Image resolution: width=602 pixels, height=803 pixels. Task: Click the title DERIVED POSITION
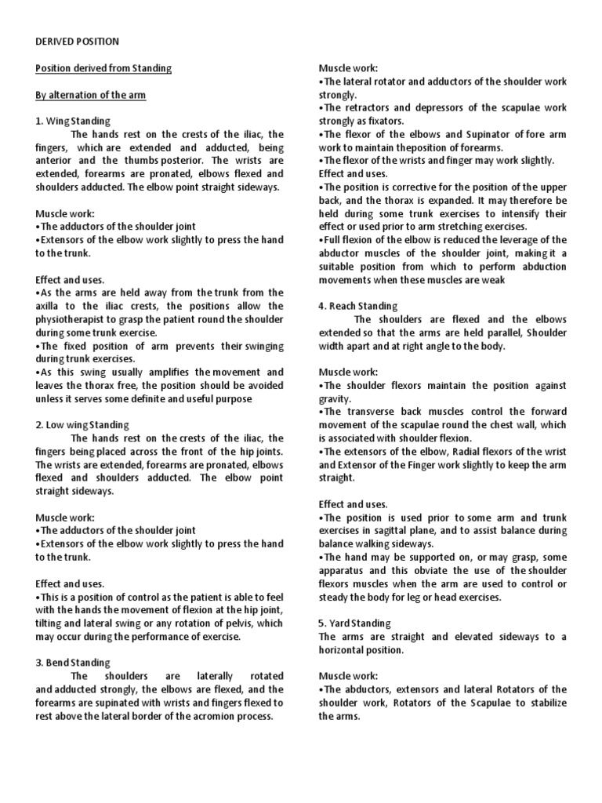pyautogui.click(x=78, y=42)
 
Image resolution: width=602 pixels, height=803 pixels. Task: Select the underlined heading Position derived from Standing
pyautogui.click(x=103, y=68)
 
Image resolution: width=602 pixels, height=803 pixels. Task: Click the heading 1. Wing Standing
pyautogui.click(x=73, y=122)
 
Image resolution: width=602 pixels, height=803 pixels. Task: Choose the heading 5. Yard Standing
pyautogui.click(x=354, y=623)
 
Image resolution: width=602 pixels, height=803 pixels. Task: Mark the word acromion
pyautogui.click(x=211, y=716)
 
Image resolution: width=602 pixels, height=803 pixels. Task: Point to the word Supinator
pyautogui.click(x=495, y=134)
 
